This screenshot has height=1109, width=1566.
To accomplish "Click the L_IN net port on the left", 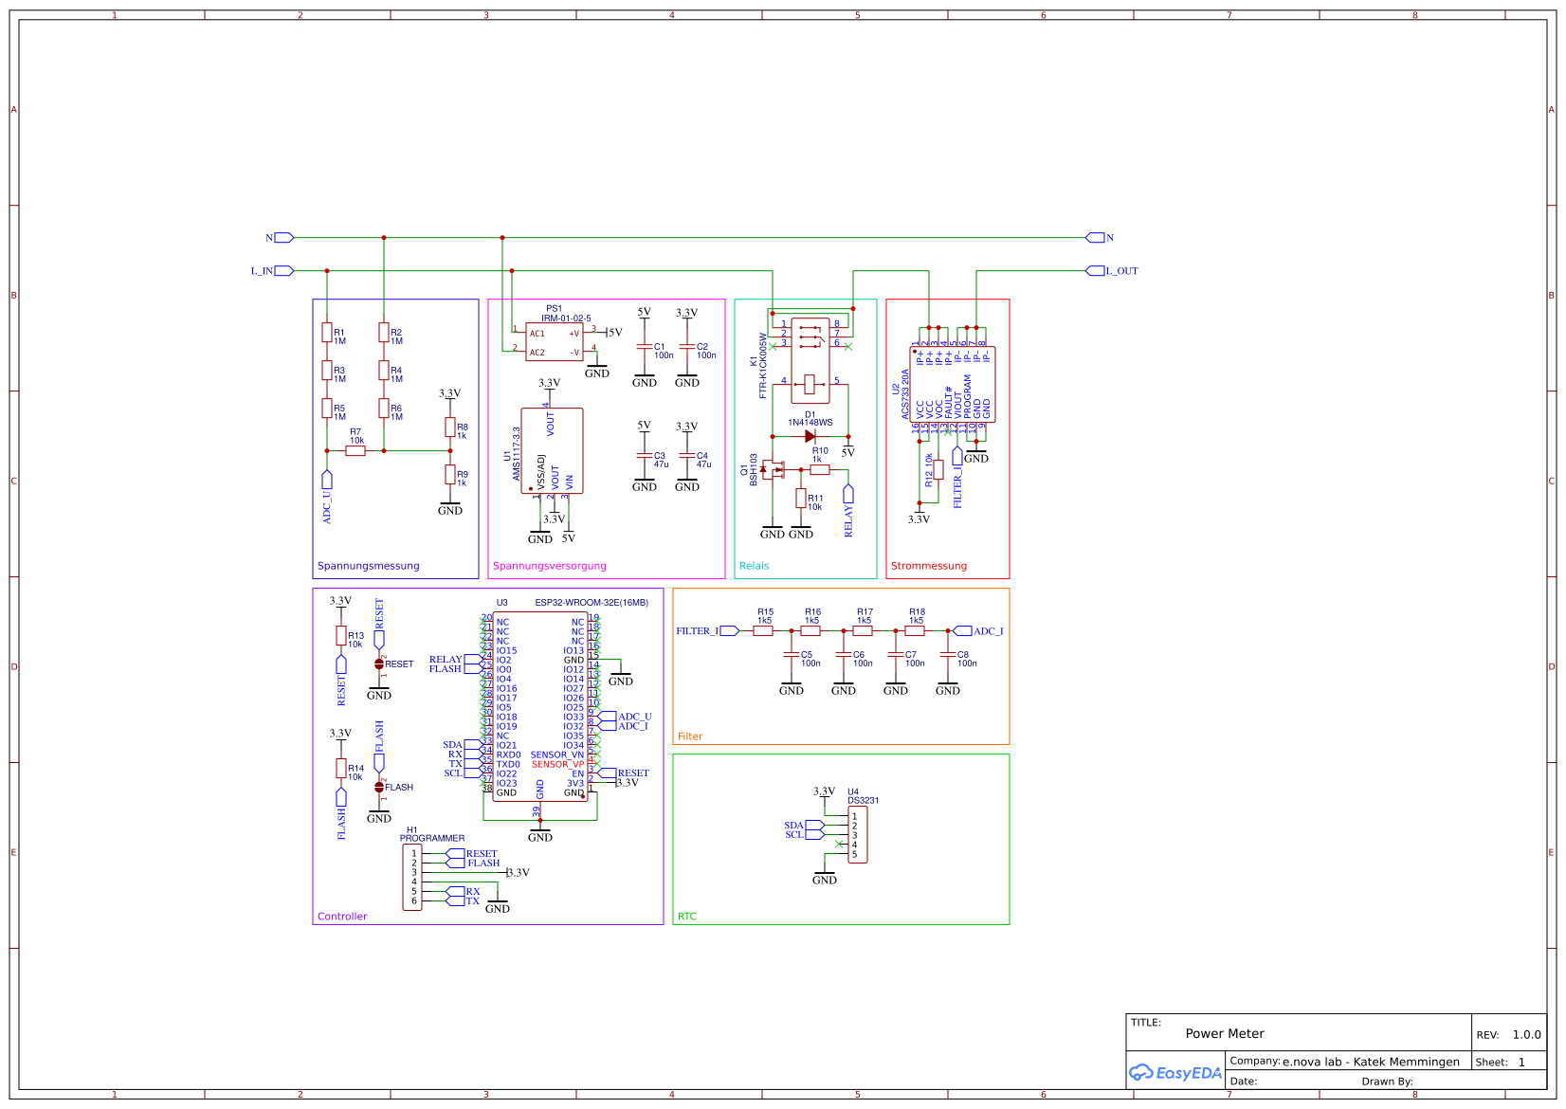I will pos(282,271).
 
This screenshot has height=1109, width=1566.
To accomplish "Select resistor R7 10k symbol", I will pos(355,451).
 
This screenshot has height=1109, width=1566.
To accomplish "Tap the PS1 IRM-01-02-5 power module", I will pos(555,342).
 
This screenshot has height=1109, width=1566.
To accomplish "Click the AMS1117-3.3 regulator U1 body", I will pos(552,451).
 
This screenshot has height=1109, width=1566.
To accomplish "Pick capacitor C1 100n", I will pos(645,347).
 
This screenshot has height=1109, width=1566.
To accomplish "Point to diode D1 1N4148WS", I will pos(810,437).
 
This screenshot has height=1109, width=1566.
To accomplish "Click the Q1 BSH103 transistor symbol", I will pos(774,469).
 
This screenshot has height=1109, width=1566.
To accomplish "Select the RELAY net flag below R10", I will pos(848,494).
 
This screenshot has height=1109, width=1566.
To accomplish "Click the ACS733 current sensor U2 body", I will pos(953,384).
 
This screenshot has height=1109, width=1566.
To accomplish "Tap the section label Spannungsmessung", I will pos(368,566).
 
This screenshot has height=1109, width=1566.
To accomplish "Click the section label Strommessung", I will pos(928,566).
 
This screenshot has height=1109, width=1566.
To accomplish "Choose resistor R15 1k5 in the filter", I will pos(763,630).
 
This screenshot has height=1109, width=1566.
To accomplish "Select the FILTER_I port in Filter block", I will pos(729,631).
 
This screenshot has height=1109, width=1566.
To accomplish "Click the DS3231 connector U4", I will pos(857,835).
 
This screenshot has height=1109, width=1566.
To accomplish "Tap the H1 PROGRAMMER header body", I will pos(412,878).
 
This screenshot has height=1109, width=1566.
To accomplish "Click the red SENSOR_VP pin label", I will pos(557,764).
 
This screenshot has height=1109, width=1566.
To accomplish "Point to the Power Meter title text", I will pos(1224,1034).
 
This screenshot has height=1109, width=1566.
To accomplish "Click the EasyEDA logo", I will pos(1174,1073).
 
